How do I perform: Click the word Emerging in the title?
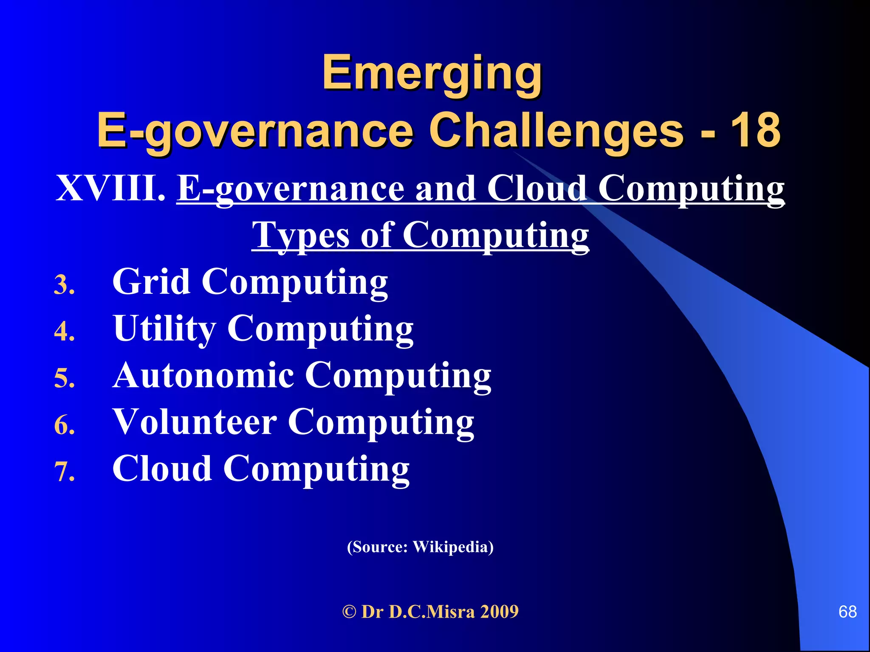tap(432, 73)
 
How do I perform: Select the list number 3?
tap(64, 285)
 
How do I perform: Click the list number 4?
tap(64, 332)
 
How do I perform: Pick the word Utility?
tap(164, 328)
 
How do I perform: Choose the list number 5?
tap(64, 378)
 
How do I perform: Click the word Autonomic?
tap(203, 375)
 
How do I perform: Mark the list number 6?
tap(64, 425)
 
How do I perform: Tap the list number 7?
tap(64, 472)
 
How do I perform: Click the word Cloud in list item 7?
tap(162, 468)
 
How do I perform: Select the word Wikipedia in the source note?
tap(452, 547)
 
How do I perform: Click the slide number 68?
tap(847, 612)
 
